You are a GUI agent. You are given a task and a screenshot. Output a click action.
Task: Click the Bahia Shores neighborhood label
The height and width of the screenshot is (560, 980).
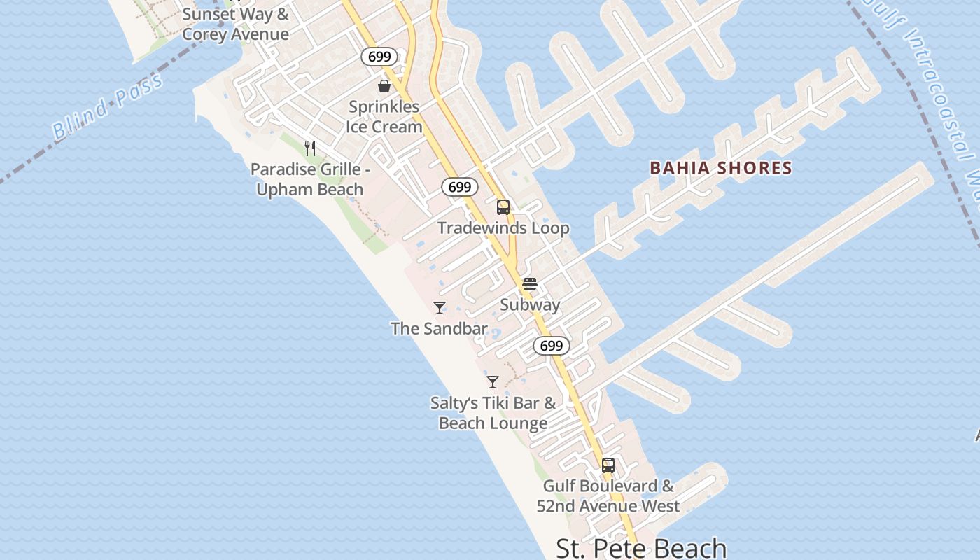pos(720,168)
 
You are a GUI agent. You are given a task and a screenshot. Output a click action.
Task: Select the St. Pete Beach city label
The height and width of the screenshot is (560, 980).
pos(641,548)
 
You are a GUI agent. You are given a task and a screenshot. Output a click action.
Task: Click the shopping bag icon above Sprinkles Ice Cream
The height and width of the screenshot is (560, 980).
pos(384,86)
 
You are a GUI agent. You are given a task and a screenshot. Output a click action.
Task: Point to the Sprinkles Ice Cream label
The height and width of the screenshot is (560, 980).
pos(384,117)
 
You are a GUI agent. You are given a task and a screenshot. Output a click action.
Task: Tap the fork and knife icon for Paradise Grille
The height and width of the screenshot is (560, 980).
pos(310,148)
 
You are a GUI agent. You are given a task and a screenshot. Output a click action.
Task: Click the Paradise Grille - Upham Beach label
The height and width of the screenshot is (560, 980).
pos(309,179)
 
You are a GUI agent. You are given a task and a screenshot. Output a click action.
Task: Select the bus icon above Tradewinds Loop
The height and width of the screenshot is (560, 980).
pos(503,207)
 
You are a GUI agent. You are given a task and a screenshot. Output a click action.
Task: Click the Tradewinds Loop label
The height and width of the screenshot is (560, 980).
pos(503,228)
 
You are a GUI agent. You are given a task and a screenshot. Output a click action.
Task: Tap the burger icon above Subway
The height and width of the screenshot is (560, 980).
pos(530,284)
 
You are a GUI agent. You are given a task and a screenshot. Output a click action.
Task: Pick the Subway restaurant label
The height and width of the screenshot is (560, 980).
pos(530,305)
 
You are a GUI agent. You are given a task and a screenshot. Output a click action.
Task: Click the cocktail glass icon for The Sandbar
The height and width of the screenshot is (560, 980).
pos(440,308)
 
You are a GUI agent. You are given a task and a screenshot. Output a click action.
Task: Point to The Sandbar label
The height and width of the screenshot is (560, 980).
pos(439,328)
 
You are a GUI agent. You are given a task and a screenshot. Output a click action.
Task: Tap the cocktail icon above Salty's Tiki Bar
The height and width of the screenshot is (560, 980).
pos(493,382)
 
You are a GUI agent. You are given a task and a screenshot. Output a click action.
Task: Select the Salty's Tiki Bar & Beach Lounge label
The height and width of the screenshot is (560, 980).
pos(493,413)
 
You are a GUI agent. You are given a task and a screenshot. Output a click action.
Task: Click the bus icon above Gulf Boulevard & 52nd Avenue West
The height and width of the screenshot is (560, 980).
pos(608,465)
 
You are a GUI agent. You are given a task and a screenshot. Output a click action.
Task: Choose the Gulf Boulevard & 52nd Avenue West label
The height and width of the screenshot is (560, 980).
pos(608,496)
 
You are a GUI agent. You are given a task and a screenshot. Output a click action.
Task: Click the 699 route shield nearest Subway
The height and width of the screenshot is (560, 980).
pos(552,345)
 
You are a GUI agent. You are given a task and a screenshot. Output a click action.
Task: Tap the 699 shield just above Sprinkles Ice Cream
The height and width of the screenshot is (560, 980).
pos(379,57)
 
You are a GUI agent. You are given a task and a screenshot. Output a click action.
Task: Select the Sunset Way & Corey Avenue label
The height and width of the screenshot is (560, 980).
pos(235,24)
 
